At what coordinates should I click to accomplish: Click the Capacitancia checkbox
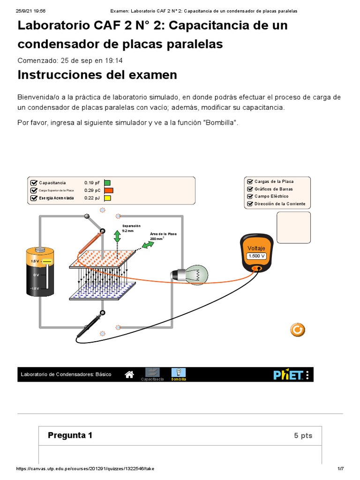pyautogui.click(x=33, y=183)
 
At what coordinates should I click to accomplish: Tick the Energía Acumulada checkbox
pyautogui.click(x=33, y=198)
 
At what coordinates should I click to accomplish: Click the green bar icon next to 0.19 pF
pyautogui.click(x=107, y=183)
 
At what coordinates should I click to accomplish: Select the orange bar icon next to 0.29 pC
pyautogui.click(x=109, y=191)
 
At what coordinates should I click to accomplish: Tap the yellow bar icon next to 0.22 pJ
pyautogui.click(x=107, y=198)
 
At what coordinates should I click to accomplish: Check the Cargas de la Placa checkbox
pyautogui.click(x=250, y=181)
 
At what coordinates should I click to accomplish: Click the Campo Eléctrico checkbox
pyautogui.click(x=250, y=196)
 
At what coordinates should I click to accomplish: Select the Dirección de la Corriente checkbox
pyautogui.click(x=250, y=204)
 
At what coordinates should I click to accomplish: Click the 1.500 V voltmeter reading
pyautogui.click(x=256, y=256)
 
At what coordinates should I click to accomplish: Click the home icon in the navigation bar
pyautogui.click(x=130, y=374)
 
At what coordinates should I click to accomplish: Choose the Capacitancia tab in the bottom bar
pyautogui.click(x=152, y=373)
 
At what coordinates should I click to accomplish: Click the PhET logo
pyautogui.click(x=288, y=375)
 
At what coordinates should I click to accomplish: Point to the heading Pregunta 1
pyautogui.click(x=70, y=435)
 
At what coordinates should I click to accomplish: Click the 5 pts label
pyautogui.click(x=303, y=435)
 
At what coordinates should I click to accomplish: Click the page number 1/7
pyautogui.click(x=341, y=469)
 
